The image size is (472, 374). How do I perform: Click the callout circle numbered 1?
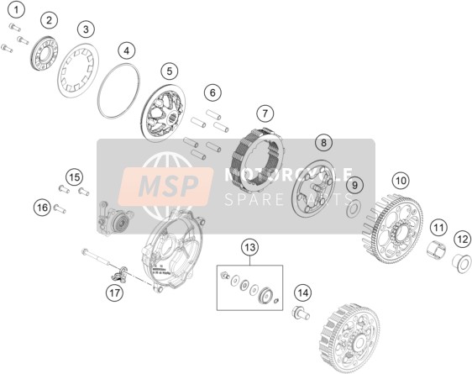[x=16, y=10]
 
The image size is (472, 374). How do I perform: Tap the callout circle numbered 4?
[x=127, y=50]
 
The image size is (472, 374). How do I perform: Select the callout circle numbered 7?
[x=265, y=113]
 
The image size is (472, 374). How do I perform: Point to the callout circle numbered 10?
[x=401, y=181]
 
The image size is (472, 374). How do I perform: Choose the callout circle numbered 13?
[x=249, y=248]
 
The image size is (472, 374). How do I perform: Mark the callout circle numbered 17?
[x=115, y=292]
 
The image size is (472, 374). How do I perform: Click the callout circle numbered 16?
[x=43, y=208]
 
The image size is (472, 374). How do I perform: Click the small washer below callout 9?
[x=354, y=208]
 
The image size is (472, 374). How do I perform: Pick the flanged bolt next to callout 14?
[x=301, y=313]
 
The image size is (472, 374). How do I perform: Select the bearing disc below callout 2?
[x=45, y=54]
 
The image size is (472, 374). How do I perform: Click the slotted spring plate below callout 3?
[x=78, y=70]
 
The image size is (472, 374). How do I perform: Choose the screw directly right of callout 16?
[x=60, y=208]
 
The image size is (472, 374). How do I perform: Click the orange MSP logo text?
[x=169, y=186]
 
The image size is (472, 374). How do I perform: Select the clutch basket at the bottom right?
[x=350, y=339]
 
